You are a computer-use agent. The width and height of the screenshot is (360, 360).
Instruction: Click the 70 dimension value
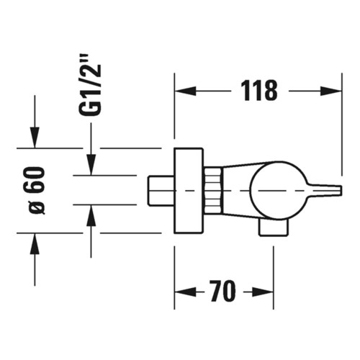224,292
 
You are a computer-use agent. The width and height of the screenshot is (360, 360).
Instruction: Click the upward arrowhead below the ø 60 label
33,242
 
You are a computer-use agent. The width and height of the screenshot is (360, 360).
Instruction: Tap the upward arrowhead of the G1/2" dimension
91,214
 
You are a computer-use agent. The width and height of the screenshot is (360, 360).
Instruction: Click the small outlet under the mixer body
274,228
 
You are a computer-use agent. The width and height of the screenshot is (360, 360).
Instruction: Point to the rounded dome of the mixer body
270,189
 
